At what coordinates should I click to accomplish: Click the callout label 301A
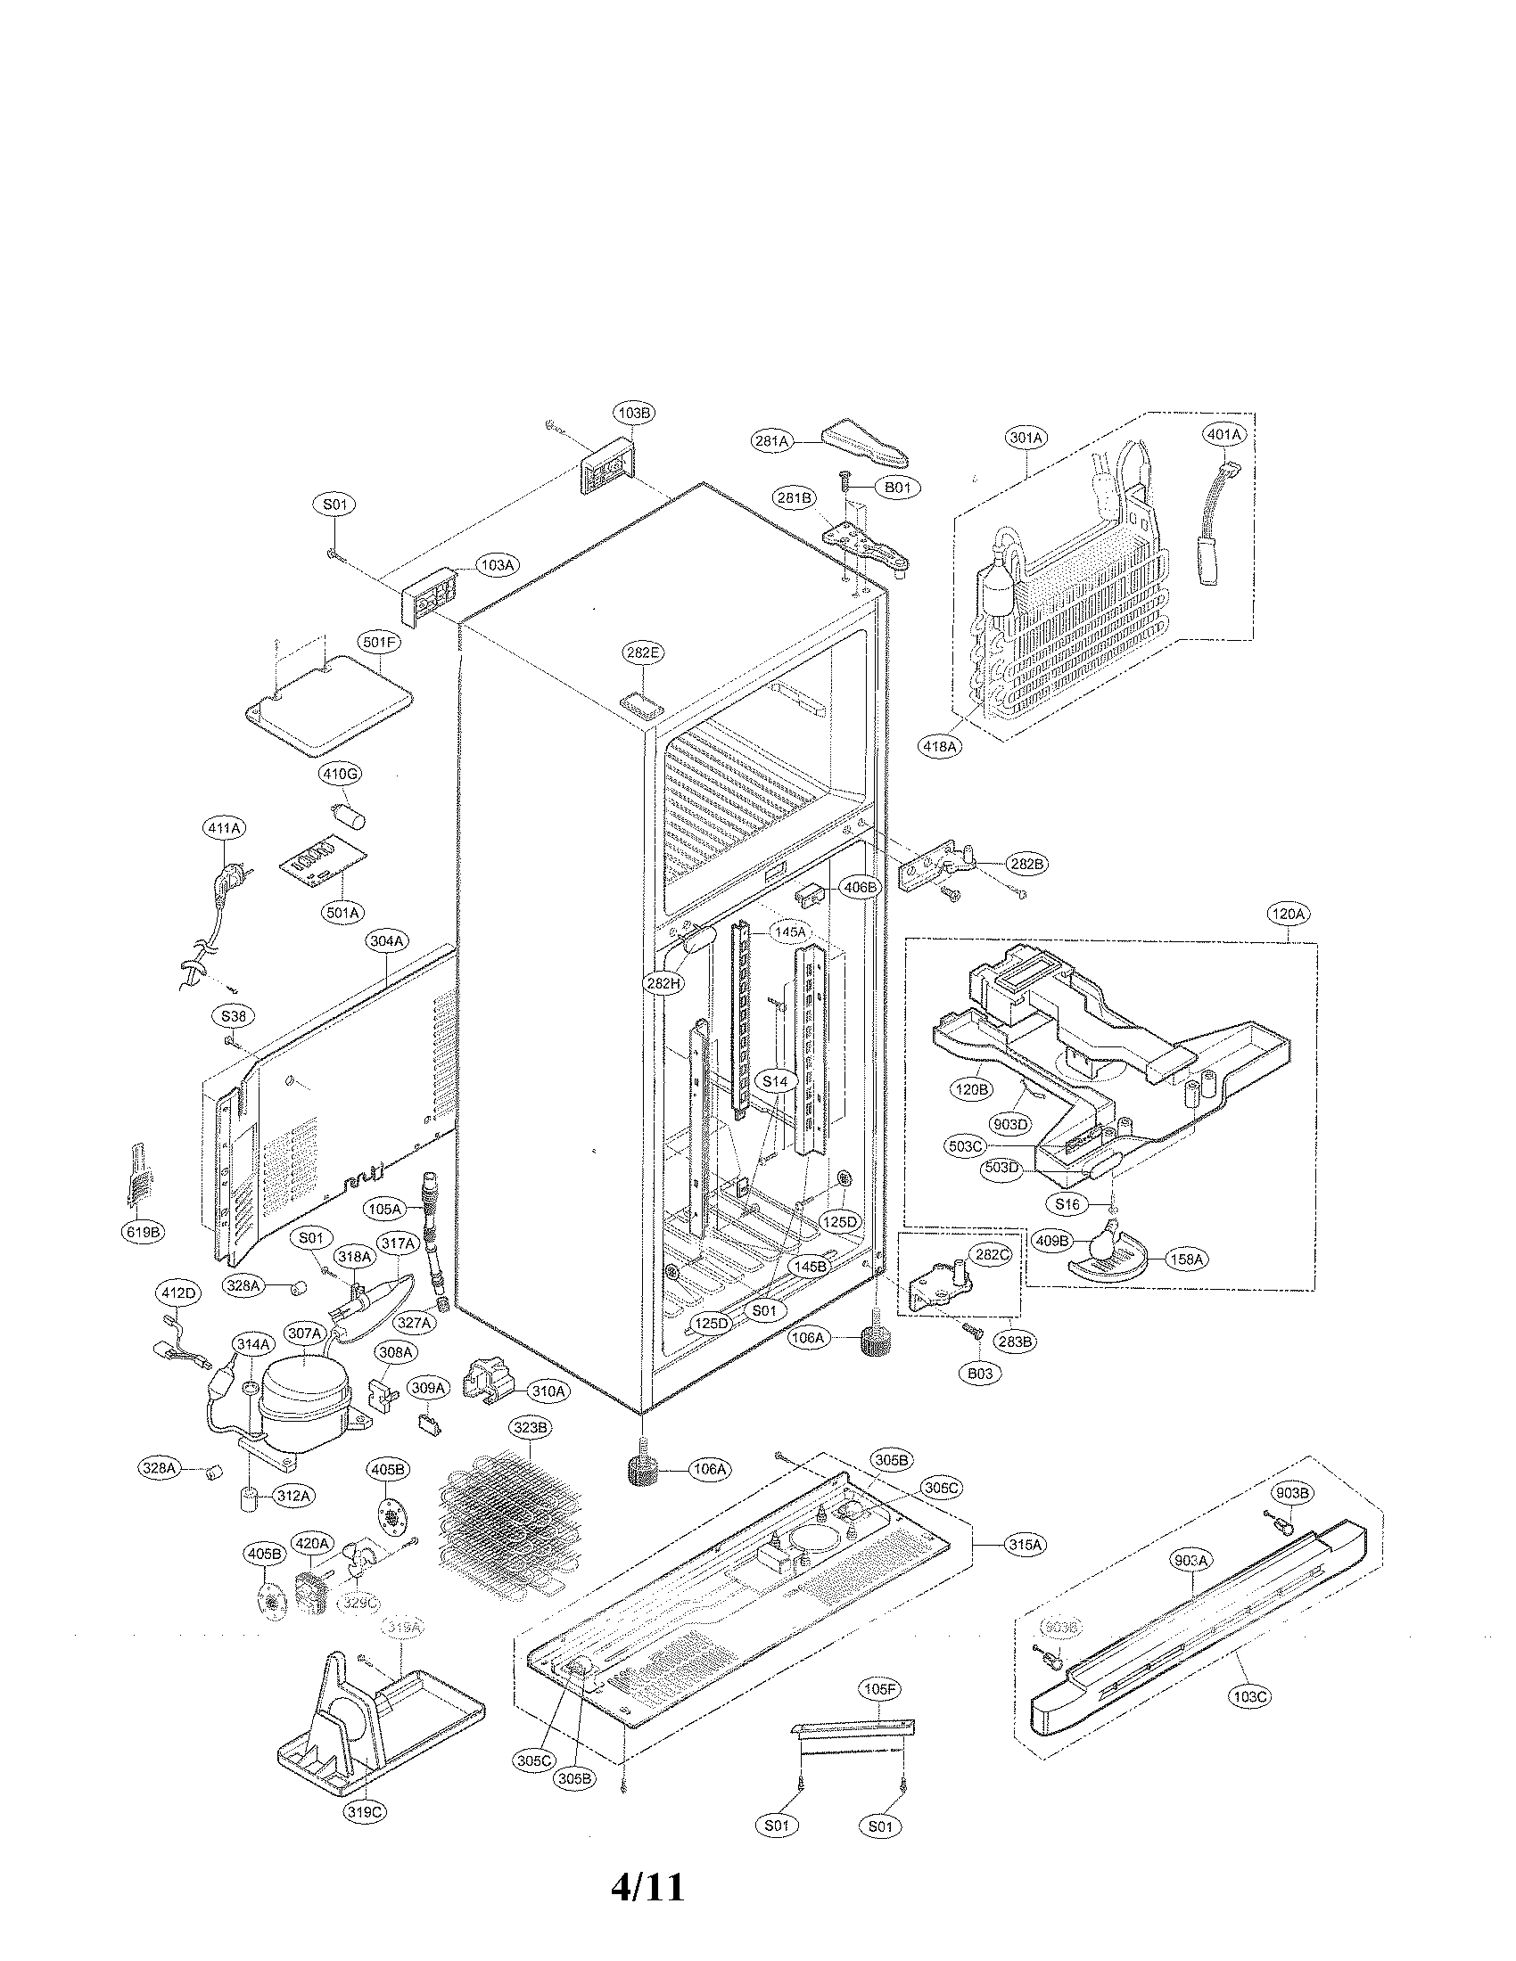pyautogui.click(x=1025, y=438)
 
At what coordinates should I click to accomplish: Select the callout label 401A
pyautogui.click(x=1224, y=434)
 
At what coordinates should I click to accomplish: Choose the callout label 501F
pyautogui.click(x=379, y=643)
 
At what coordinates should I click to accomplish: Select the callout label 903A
pyautogui.click(x=1191, y=1561)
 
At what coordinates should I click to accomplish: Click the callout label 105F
pyautogui.click(x=879, y=1689)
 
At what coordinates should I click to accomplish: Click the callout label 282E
pyautogui.click(x=641, y=652)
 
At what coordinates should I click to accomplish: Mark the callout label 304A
pyautogui.click(x=387, y=941)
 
